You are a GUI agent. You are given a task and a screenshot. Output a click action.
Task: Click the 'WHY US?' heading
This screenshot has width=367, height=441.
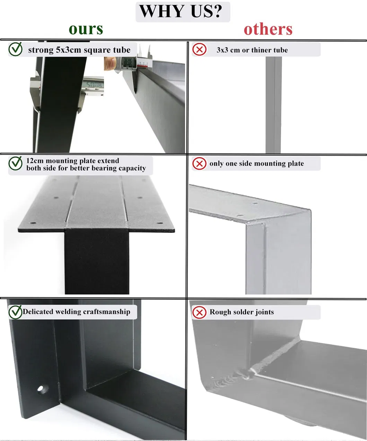click(183, 11)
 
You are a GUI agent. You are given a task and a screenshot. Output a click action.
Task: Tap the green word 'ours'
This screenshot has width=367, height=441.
click(86, 29)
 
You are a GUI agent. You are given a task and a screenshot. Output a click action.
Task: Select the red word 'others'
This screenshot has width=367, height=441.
click(268, 29)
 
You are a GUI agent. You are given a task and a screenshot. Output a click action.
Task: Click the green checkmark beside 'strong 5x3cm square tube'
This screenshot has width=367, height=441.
click(15, 50)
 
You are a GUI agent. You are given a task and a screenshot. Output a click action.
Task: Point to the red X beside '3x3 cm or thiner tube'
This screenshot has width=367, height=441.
click(199, 50)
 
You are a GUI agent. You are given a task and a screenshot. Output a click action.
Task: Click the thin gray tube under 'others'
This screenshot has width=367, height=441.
click(273, 104)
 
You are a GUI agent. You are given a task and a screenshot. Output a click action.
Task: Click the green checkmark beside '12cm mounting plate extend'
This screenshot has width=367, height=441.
click(15, 164)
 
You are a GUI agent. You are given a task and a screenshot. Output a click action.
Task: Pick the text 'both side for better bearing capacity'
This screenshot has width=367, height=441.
click(86, 168)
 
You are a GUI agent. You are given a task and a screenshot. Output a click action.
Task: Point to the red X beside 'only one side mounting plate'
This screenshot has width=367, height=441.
click(199, 164)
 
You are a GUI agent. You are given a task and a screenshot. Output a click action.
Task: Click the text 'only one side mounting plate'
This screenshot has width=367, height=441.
click(256, 164)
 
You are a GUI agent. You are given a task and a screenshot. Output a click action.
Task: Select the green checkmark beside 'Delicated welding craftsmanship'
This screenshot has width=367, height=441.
click(15, 312)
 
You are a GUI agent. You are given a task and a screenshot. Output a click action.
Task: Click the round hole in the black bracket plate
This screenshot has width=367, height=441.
click(41, 388)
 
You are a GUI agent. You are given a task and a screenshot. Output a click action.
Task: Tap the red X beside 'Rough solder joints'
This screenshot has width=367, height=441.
click(199, 312)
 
